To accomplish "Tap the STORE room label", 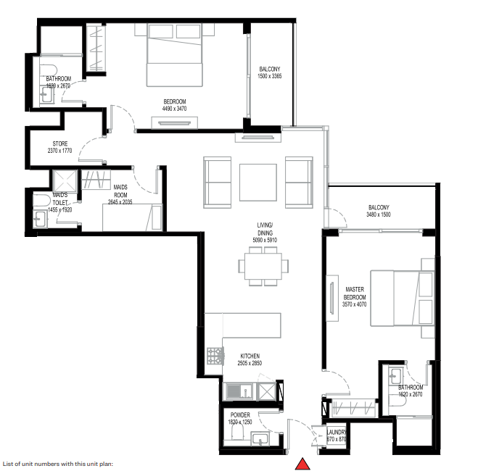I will click(x=59, y=144).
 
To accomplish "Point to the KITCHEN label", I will click(x=250, y=357).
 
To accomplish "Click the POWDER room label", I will click(x=240, y=415).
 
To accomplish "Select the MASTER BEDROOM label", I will click(x=355, y=293).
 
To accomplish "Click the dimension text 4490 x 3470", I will click(x=174, y=109).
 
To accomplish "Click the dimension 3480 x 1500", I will click(x=379, y=214).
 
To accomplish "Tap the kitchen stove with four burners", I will click(x=215, y=356).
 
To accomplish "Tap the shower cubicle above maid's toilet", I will click(x=62, y=180).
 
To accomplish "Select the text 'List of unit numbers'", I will click(x=29, y=463).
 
